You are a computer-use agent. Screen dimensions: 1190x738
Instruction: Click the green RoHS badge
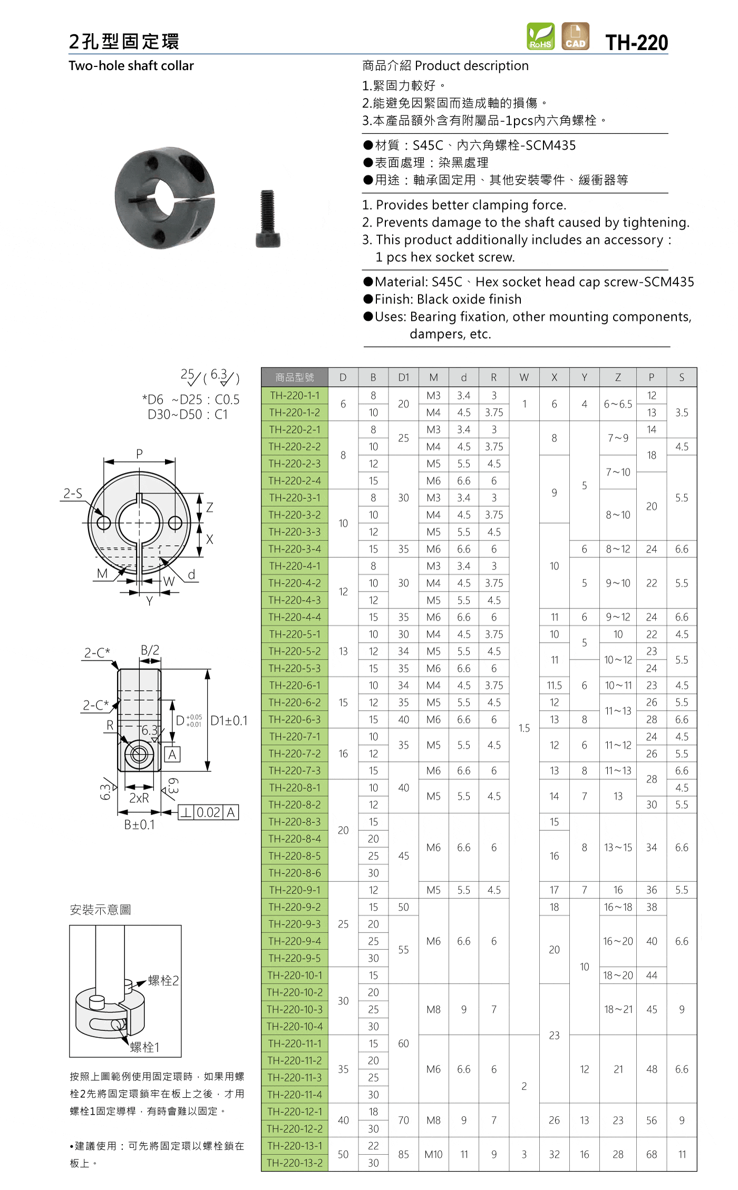(x=540, y=36)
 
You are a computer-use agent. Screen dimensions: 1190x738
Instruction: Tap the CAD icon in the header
(x=575, y=36)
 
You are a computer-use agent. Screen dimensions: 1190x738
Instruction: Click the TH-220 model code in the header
(x=636, y=43)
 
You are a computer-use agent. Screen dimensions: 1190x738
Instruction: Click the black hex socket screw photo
(x=268, y=219)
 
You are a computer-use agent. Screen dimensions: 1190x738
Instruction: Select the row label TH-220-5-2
(x=295, y=651)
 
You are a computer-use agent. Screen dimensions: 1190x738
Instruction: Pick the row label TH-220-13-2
(x=295, y=1163)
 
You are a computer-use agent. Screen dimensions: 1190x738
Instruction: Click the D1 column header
(x=403, y=377)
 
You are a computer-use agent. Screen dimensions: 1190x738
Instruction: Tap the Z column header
(x=618, y=377)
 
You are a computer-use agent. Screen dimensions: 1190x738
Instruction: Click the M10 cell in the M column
(x=433, y=1154)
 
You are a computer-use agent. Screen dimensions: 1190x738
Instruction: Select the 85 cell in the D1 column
(x=403, y=1154)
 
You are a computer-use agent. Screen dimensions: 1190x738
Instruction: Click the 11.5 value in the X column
(x=554, y=685)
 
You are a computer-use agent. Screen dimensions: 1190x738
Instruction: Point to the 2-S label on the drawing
(x=73, y=493)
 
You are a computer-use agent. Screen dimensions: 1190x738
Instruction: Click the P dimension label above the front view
(x=139, y=454)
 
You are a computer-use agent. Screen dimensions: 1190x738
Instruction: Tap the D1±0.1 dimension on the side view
(x=229, y=721)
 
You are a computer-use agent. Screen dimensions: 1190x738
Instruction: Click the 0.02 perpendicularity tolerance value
(x=208, y=812)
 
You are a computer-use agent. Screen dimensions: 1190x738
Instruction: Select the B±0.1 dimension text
(x=139, y=825)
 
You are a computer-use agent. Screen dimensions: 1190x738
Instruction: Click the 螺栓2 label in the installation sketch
(x=163, y=980)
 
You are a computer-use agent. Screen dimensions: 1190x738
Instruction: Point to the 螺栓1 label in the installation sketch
(x=144, y=1047)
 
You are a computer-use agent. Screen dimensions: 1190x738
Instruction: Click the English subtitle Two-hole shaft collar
(x=131, y=66)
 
